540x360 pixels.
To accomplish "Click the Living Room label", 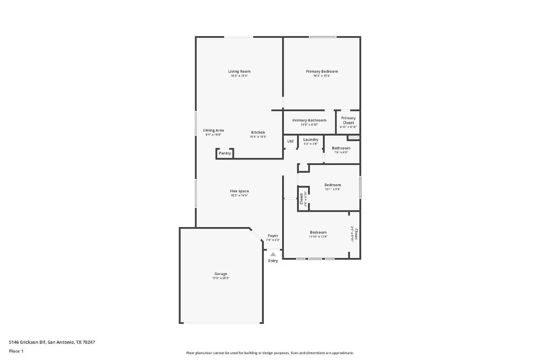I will click(239, 72).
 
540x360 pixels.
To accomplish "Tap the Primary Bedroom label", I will click(322, 72).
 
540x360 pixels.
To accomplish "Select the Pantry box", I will click(225, 153).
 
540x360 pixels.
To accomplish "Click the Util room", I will click(290, 141).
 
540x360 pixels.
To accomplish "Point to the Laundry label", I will click(310, 140).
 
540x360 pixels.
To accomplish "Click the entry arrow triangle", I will click(273, 254).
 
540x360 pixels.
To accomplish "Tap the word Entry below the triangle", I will click(273, 261).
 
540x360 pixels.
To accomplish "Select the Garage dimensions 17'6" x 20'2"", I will click(221, 278).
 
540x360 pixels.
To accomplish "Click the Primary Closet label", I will click(348, 120).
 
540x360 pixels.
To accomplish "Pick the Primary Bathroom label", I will click(309, 120).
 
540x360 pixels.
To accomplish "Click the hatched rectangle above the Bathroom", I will click(354, 138).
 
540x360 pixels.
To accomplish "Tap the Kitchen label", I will click(258, 133).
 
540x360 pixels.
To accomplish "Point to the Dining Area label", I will click(213, 131).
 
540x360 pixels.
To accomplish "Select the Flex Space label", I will click(239, 191).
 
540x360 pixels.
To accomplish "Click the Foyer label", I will click(273, 236).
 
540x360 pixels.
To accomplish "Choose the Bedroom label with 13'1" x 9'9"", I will click(332, 185).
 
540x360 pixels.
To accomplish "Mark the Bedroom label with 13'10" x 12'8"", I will click(318, 232).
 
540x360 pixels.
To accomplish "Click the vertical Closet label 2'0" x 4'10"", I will click(301, 198).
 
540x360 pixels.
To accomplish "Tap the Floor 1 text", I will click(16, 351).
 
